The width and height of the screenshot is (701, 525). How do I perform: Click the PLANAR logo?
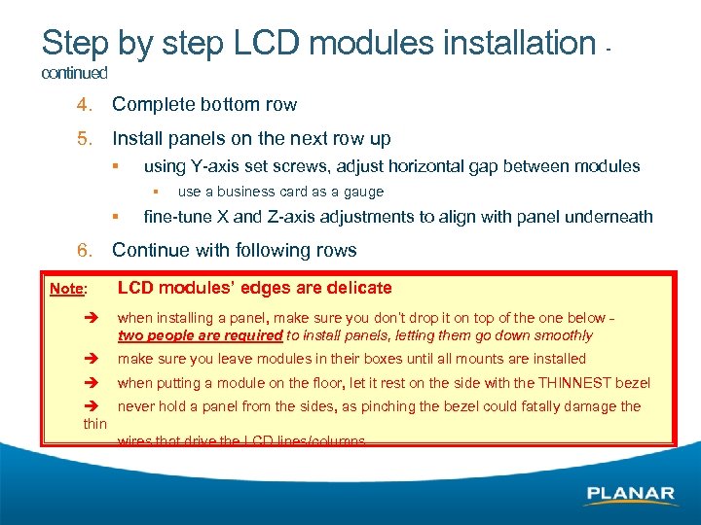(630, 494)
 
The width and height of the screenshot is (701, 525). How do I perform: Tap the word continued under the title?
(74, 73)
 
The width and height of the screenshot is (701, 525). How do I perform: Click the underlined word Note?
(66, 289)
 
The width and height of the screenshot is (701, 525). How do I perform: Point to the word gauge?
(363, 192)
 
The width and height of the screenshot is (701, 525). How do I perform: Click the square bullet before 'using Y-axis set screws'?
(115, 165)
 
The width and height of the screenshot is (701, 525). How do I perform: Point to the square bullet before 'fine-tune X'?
(115, 216)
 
